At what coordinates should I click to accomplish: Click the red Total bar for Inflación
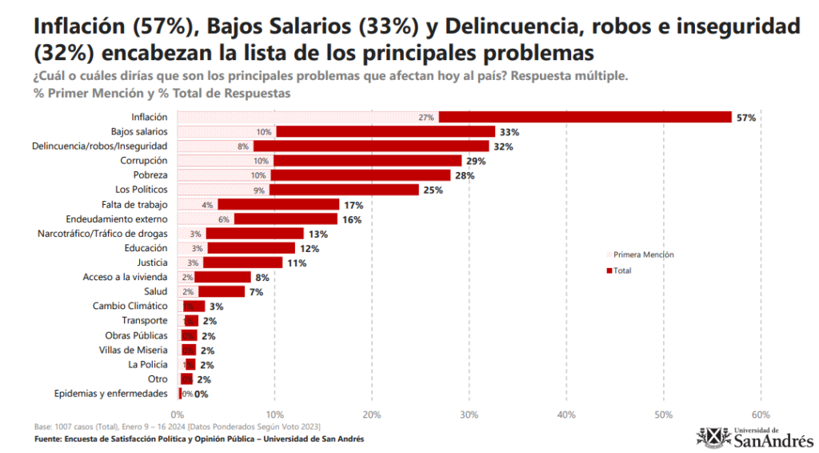[x=585, y=117]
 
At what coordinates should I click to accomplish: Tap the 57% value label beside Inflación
[x=746, y=118]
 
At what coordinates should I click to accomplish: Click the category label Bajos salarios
[x=139, y=131]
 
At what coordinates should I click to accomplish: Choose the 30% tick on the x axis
[x=469, y=415]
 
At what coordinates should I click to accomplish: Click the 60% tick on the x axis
[x=761, y=415]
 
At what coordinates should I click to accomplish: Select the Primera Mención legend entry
[x=643, y=255]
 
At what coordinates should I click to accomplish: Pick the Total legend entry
[x=621, y=271]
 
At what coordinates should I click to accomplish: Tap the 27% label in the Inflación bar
[x=426, y=118]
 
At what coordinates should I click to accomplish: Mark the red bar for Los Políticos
[x=344, y=190]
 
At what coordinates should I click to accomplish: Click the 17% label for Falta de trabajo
[x=352, y=205]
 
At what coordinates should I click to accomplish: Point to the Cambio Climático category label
[x=130, y=306]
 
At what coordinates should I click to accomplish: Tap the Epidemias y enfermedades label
[x=110, y=393]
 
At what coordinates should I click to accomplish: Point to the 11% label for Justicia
[x=297, y=263]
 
